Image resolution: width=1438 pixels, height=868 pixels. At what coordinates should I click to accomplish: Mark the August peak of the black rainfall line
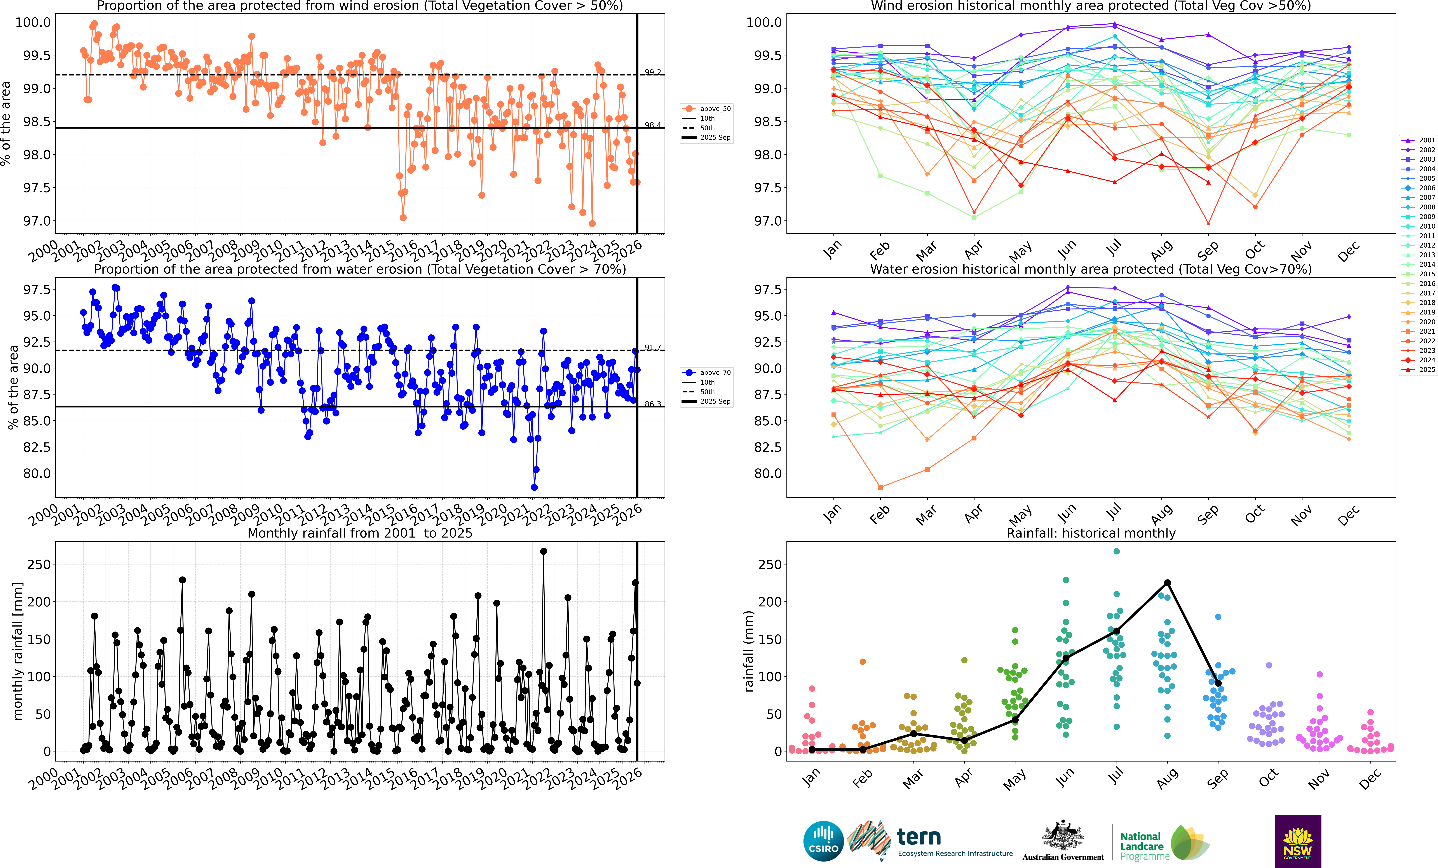coord(1167,583)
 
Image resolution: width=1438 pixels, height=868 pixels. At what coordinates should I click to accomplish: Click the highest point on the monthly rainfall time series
coord(543,551)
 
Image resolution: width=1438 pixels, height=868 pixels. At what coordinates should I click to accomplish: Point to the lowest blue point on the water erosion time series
coord(534,487)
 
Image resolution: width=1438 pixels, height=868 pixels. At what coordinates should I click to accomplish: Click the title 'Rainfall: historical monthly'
coord(1091,533)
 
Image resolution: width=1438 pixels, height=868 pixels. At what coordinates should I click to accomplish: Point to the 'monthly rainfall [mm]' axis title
coord(17,651)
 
